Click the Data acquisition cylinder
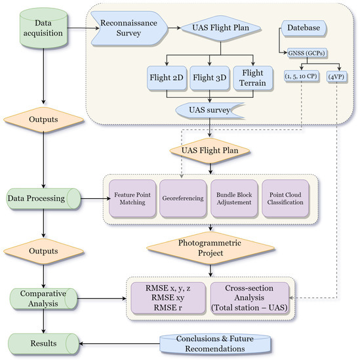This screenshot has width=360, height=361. (x=43, y=28)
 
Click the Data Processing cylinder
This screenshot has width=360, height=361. (x=43, y=196)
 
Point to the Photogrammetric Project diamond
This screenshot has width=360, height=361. (x=209, y=247)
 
